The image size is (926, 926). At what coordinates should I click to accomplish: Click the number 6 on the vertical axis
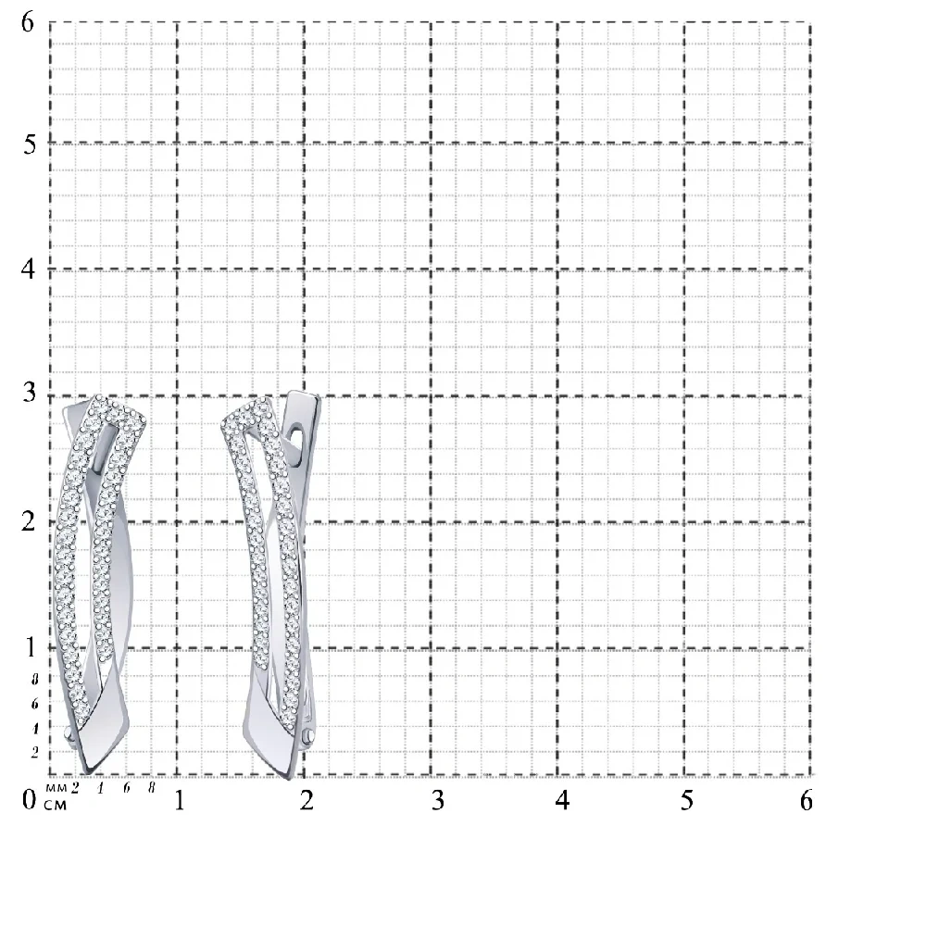point(28,23)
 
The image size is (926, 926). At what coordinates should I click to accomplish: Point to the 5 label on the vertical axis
point(30,144)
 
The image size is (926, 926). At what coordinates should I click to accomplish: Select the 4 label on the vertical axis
point(28,269)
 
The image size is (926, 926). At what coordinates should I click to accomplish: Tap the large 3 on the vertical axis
point(30,393)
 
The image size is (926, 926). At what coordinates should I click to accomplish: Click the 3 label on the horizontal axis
point(438,800)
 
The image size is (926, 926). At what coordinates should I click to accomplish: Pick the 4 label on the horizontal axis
point(562,800)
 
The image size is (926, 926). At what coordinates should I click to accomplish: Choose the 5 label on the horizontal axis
point(687,800)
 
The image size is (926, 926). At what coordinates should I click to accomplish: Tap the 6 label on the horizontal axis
point(807,800)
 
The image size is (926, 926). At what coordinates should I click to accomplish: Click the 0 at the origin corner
point(29,800)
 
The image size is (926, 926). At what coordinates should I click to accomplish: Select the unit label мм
point(56,788)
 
